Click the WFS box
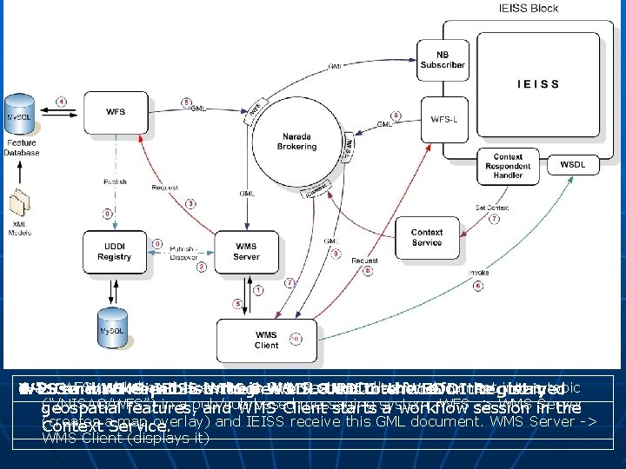[x=115, y=112]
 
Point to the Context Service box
[x=427, y=237]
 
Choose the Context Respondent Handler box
[x=507, y=163]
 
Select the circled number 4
[x=62, y=102]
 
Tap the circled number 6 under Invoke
[x=477, y=287]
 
